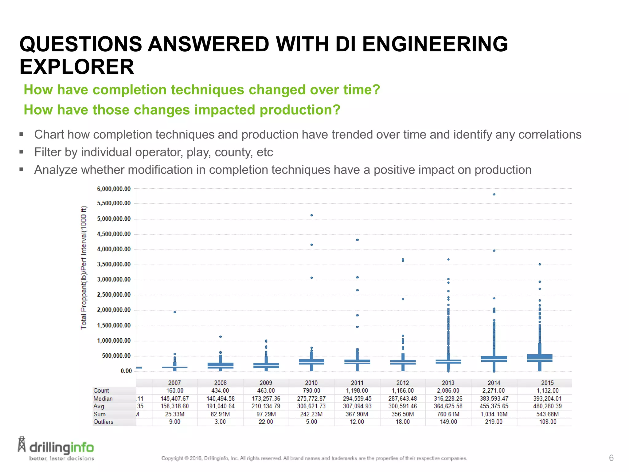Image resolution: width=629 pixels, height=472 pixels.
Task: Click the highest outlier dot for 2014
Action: (x=494, y=194)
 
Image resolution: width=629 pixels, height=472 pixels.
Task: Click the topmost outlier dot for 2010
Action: (x=311, y=215)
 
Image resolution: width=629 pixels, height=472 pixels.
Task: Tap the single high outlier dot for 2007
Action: (x=175, y=312)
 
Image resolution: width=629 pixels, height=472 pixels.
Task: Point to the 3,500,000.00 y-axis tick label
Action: (x=114, y=264)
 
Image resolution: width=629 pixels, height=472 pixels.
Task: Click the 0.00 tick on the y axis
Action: (x=126, y=371)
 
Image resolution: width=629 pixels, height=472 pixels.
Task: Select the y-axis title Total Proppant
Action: (x=84, y=267)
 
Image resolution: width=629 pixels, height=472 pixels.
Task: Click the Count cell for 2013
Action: (x=448, y=391)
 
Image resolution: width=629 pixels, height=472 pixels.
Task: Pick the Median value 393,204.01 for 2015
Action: (x=547, y=399)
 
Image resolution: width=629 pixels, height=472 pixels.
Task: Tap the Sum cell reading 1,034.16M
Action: (x=494, y=414)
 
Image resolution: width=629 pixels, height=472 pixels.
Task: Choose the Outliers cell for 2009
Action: (x=266, y=422)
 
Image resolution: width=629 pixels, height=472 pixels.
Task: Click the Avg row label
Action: (x=99, y=406)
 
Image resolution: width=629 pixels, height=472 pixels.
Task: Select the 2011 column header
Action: (x=357, y=383)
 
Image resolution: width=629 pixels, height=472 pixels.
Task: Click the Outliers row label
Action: (x=103, y=422)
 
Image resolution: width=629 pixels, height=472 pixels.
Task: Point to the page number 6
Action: (x=611, y=458)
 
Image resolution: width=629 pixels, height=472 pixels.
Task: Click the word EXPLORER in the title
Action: (x=77, y=67)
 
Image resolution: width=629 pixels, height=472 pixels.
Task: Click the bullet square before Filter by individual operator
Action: (x=21, y=151)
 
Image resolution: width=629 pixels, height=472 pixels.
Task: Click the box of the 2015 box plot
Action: (x=540, y=358)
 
